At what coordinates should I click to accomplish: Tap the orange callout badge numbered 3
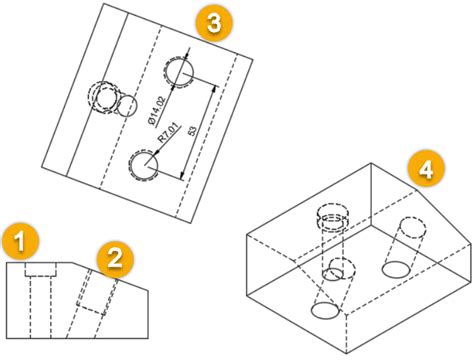(x=212, y=22)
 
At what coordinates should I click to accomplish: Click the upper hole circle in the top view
(x=180, y=72)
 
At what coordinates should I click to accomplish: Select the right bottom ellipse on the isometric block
(x=397, y=269)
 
